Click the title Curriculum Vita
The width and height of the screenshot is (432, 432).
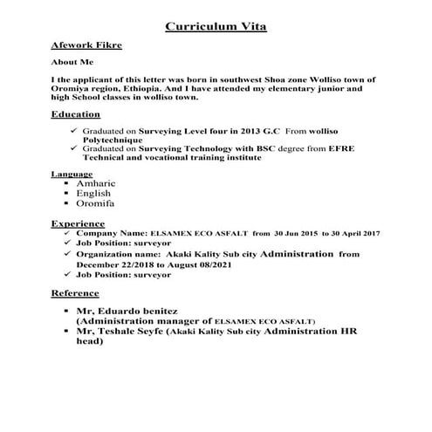[216, 26]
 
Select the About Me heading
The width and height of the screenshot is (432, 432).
[72, 63]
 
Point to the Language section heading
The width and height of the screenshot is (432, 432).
[72, 174]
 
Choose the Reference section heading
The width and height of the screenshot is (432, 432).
[76, 292]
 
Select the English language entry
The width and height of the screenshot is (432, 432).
[94, 193]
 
